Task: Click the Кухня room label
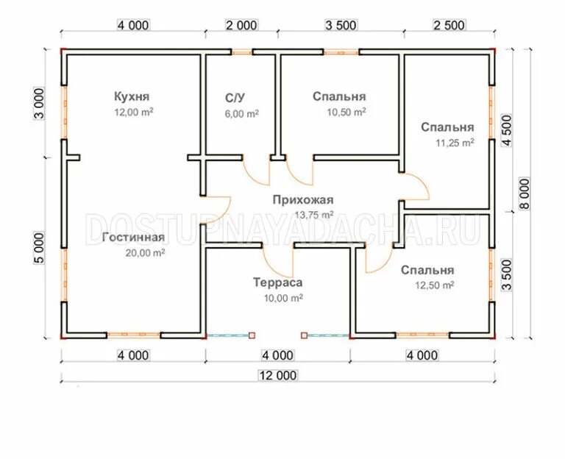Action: pos(132,96)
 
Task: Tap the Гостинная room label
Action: pos(133,238)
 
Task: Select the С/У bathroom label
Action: pos(236,98)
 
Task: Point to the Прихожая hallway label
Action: pos(302,199)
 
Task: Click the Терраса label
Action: pos(278,282)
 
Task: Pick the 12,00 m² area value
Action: pos(132,112)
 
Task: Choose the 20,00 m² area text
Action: pos(144,253)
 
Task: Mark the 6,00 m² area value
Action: pos(241,114)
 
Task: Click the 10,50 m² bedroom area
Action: pos(346,113)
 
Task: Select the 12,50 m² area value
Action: pos(433,285)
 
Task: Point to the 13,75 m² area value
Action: pos(314,215)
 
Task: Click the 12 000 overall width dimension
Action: pos(277,375)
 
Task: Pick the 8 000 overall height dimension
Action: pos(525,193)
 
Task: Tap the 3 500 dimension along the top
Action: pos(340,25)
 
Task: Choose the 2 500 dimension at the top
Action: pos(449,25)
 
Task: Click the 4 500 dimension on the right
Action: pos(506,132)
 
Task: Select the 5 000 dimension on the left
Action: pos(39,247)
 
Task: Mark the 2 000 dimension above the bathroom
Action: pos(241,25)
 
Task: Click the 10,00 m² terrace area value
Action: pos(284,298)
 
